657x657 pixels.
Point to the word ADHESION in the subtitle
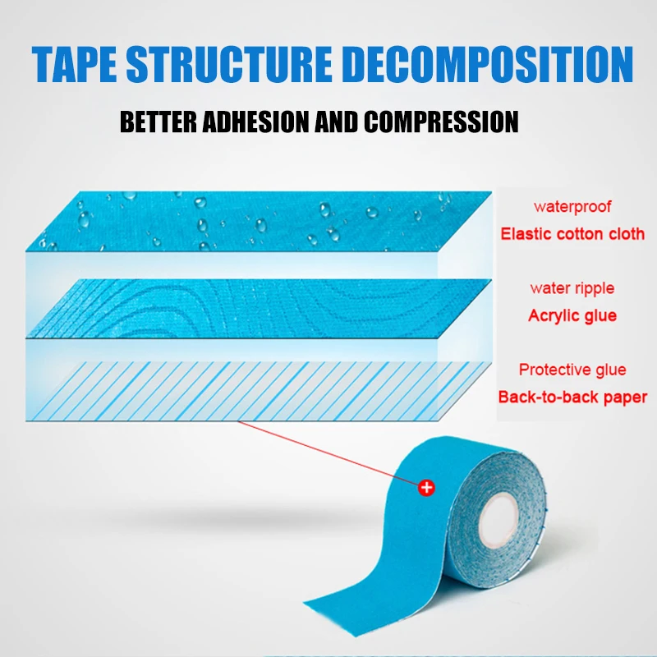point(262,122)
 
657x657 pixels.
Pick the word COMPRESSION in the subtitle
point(441,122)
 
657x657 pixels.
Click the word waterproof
point(572,207)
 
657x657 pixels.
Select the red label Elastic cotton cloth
point(572,233)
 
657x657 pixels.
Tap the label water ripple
point(572,288)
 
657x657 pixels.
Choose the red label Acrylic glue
point(572,315)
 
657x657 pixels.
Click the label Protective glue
point(572,370)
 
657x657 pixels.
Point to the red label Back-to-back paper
point(572,397)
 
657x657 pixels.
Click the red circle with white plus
point(426,488)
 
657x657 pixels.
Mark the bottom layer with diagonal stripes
point(246,386)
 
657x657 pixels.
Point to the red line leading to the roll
point(328,452)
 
